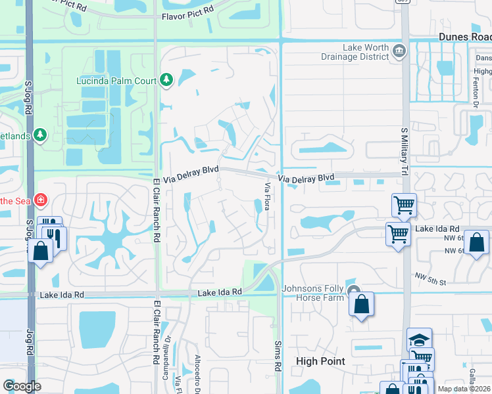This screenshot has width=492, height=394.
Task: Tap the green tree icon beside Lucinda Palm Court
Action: [x=166, y=81]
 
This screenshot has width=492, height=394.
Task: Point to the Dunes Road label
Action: [x=464, y=37]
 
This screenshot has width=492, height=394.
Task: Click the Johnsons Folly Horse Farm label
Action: [x=313, y=293]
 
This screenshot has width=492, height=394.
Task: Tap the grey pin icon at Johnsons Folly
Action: [x=353, y=292]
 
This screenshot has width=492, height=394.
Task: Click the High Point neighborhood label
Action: [x=322, y=361]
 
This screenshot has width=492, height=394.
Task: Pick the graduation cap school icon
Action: [x=419, y=339]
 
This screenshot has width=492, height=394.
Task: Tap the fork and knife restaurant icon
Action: [x=55, y=236]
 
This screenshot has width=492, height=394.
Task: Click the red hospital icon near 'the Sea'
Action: [x=41, y=198]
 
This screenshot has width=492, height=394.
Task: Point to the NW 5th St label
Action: [x=430, y=278]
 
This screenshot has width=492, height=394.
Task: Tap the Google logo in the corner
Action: [x=22, y=386]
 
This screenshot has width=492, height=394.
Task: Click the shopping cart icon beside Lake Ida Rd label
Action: [x=398, y=233]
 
